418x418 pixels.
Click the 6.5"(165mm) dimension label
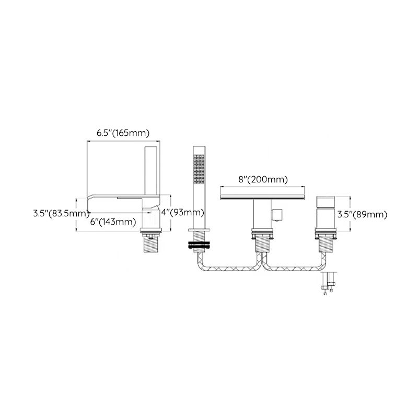[x=123, y=133]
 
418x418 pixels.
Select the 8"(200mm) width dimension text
[x=263, y=180]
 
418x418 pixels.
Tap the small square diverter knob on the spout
[x=277, y=214]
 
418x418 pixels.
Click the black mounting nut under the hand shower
[x=199, y=243]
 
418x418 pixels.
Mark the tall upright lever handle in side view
[x=151, y=175]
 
